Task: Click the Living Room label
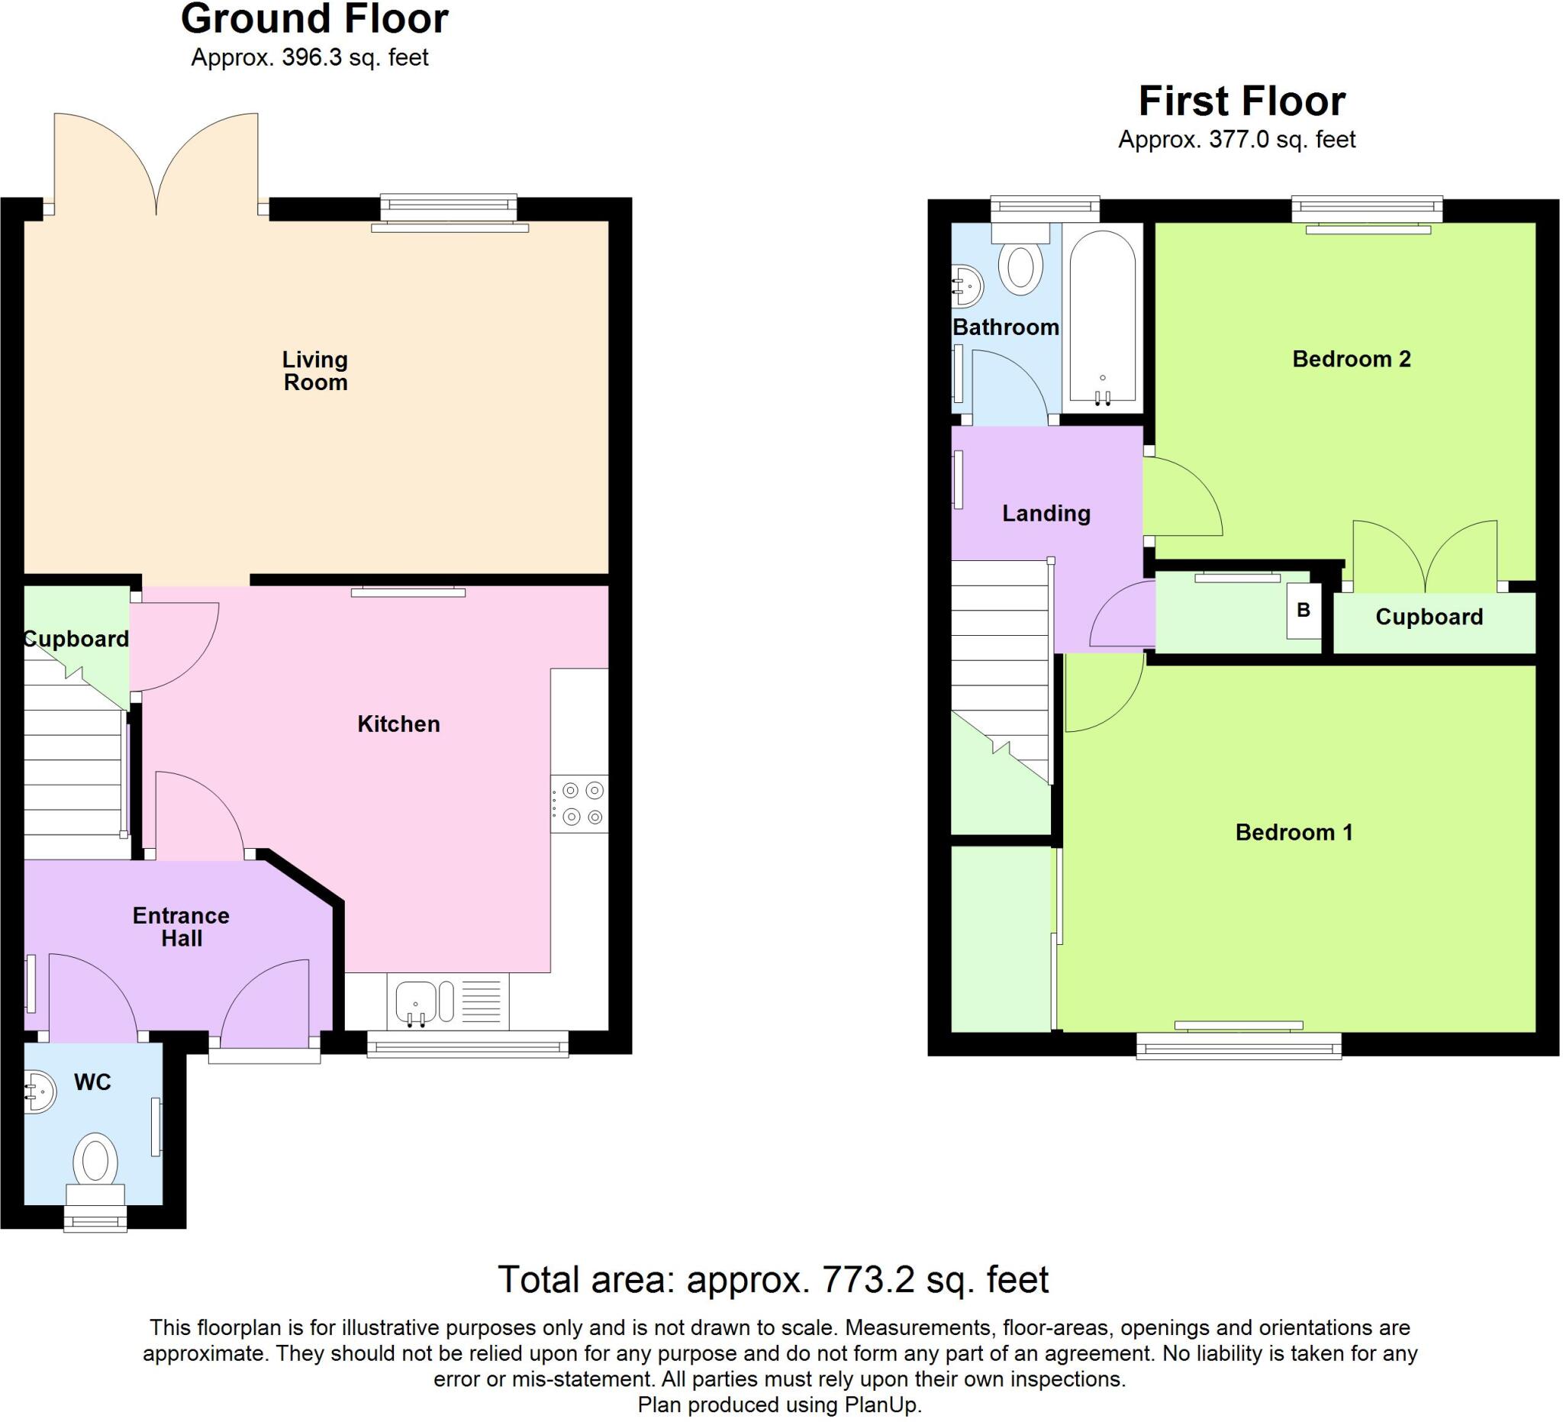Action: point(314,371)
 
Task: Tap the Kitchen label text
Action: point(398,724)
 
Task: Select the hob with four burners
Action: point(580,803)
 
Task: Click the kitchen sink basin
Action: point(416,1001)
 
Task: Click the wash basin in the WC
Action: point(39,1091)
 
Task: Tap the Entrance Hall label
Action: point(181,927)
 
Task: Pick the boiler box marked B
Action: point(1304,610)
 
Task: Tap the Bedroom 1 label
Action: point(1293,833)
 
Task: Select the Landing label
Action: point(1046,513)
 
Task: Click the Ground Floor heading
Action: point(314,19)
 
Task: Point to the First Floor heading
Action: point(1241,102)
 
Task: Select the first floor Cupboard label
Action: point(1428,617)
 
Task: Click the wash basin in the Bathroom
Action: point(968,286)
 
